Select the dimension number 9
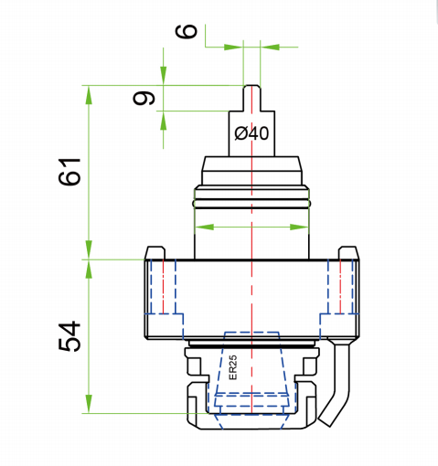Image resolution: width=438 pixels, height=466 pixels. (144, 98)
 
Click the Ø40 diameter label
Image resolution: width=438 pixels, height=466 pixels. (251, 133)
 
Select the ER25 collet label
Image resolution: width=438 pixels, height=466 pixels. (232, 367)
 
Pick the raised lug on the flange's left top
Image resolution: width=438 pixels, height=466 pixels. (155, 251)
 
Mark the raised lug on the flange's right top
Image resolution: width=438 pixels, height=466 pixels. (348, 251)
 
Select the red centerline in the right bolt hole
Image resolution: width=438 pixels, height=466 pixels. (340, 287)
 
